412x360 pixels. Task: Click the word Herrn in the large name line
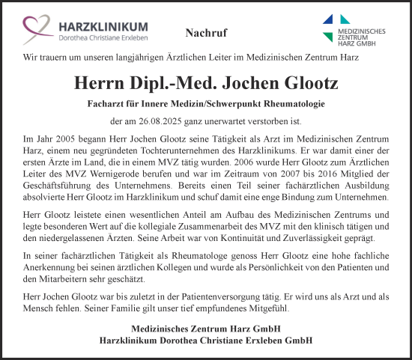[104, 82]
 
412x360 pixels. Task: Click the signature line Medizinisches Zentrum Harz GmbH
[206, 329]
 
